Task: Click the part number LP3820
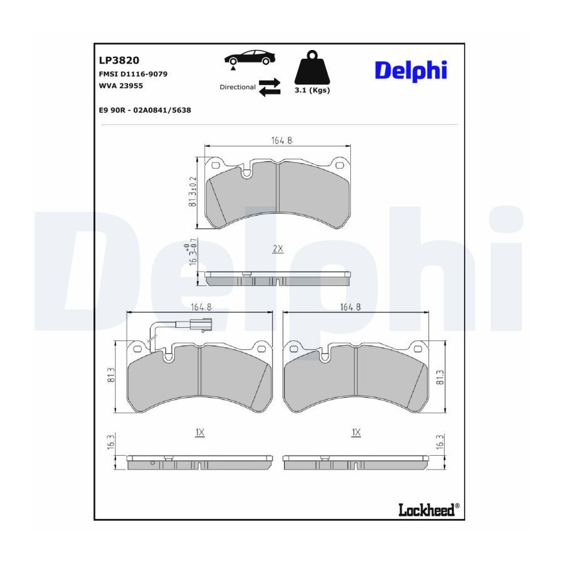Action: click(119, 60)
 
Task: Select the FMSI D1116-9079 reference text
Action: click(133, 74)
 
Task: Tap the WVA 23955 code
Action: click(121, 86)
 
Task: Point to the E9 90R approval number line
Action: click(145, 110)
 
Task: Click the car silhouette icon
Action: click(250, 59)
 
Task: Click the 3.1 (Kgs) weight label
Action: click(312, 91)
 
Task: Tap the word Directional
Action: click(238, 87)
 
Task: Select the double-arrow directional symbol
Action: click(270, 87)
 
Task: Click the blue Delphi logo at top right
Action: click(411, 70)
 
